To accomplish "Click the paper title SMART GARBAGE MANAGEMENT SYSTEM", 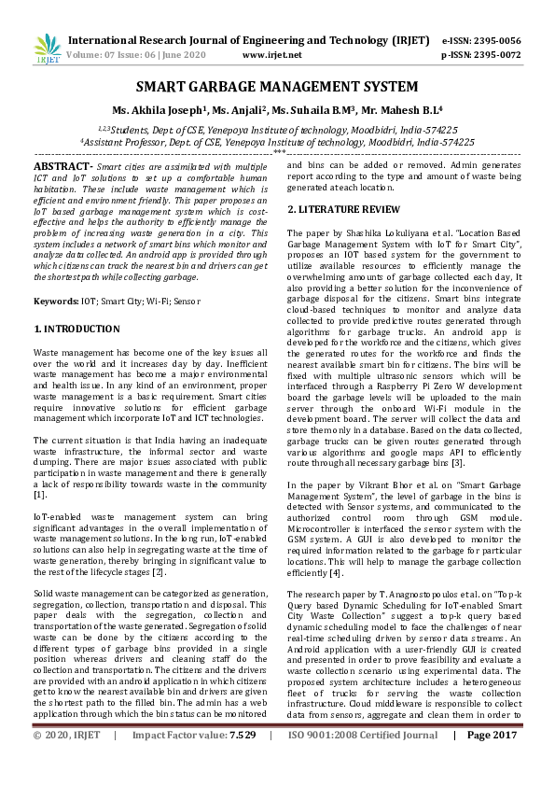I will (x=277, y=88).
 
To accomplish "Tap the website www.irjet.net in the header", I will (x=271, y=55).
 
